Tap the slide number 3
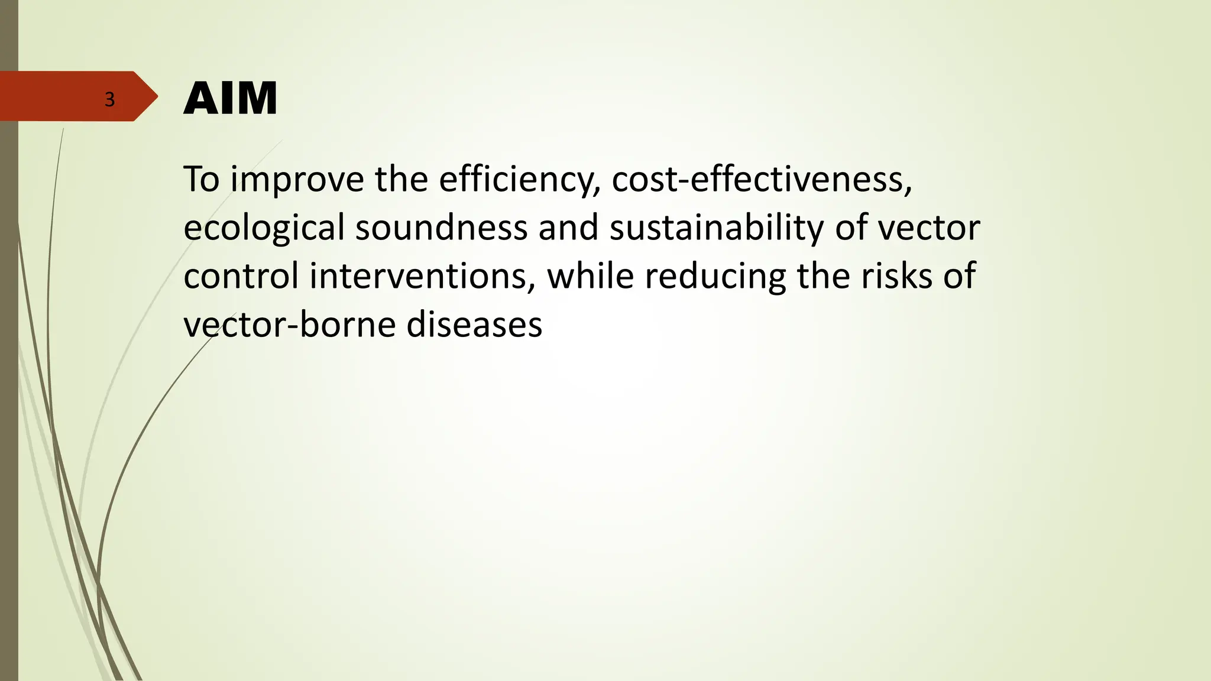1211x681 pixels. tap(109, 99)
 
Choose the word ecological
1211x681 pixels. tap(264, 228)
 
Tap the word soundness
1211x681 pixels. tap(441, 228)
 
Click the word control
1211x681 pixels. tap(241, 276)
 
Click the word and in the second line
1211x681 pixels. tap(568, 228)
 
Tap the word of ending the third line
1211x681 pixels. tap(959, 276)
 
